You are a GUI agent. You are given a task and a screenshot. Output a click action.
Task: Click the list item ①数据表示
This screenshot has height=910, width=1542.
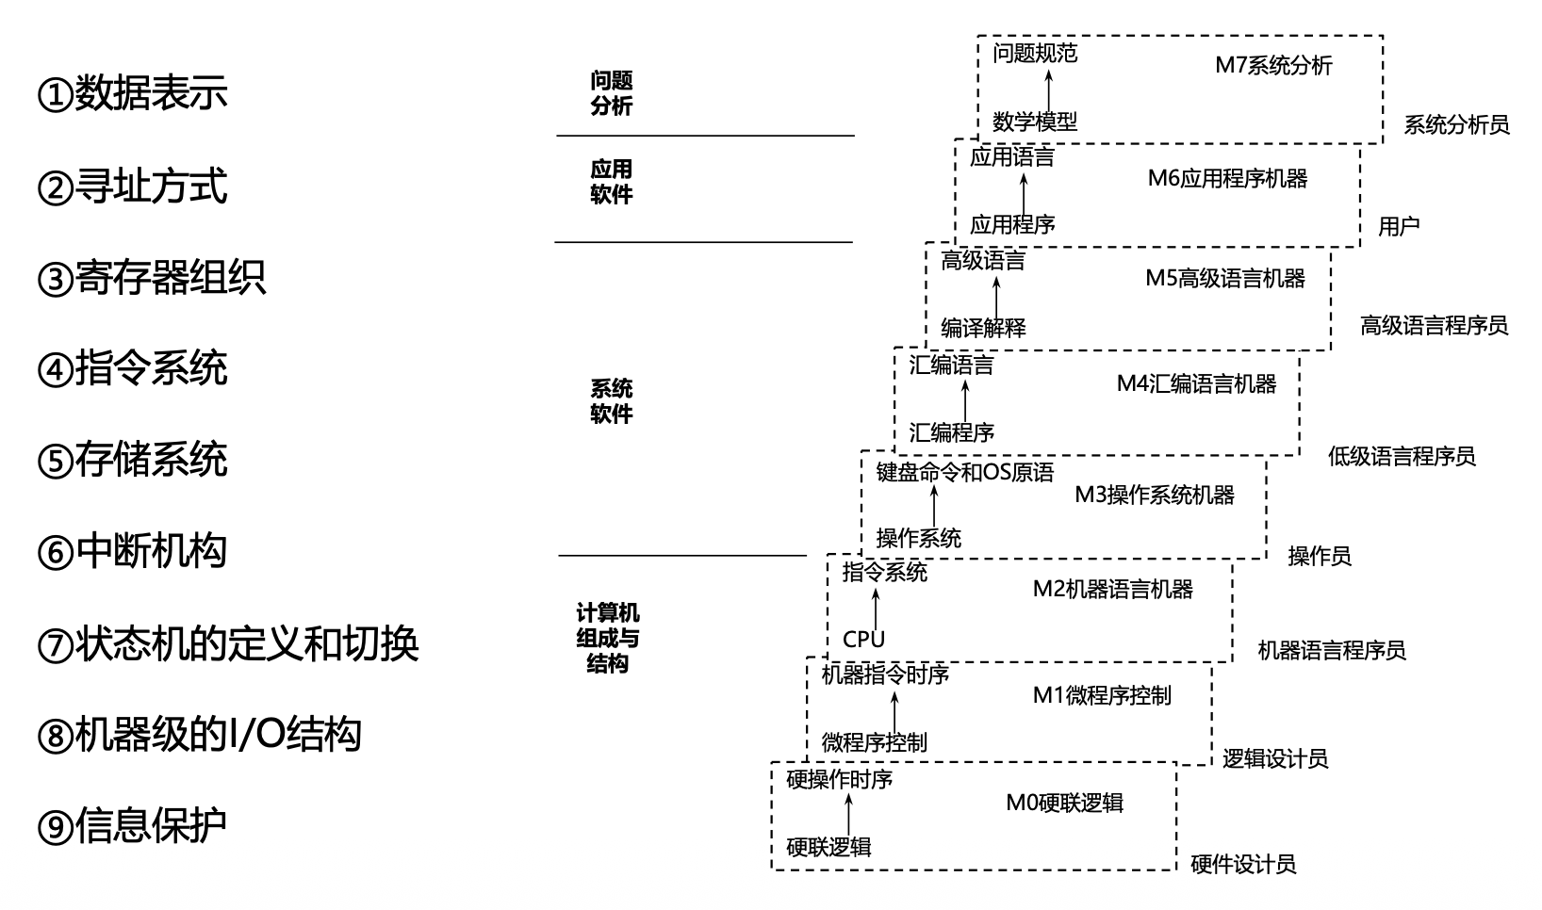pos(132,93)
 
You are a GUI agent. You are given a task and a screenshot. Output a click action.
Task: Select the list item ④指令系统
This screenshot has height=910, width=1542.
pos(132,368)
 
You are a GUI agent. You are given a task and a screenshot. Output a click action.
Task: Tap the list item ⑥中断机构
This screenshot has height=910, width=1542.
pos(132,551)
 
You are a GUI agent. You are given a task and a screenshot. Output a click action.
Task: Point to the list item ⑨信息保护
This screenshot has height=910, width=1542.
pos(132,826)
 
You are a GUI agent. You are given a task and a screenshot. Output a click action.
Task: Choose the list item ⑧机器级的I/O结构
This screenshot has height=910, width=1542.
pos(199,735)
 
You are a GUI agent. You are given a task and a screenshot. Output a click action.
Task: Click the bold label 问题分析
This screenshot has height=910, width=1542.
pos(611,93)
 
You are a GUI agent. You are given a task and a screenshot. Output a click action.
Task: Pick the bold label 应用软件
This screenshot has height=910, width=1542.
pos(611,182)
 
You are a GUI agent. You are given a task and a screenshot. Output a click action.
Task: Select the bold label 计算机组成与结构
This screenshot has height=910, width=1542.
pos(608,638)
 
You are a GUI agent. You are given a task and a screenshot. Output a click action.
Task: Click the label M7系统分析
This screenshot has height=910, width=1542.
pos(1273,65)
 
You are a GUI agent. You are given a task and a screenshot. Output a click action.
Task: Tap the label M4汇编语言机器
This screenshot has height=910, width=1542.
pos(1196,383)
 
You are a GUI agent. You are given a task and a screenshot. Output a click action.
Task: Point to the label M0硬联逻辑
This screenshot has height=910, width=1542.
pos(1064,803)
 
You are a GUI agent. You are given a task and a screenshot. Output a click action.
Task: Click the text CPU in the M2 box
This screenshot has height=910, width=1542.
pos(863,640)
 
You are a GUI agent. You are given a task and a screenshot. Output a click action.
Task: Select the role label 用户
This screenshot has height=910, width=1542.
pos(1399,226)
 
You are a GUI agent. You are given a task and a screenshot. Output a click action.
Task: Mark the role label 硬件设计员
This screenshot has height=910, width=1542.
pos(1243,864)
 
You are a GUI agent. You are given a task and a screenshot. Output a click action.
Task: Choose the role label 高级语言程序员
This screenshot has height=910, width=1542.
pos(1434,326)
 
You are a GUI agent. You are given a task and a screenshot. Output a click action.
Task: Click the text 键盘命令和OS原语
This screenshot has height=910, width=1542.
pos(965,472)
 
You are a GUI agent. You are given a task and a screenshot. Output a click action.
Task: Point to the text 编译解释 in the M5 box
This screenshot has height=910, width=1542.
pos(983,328)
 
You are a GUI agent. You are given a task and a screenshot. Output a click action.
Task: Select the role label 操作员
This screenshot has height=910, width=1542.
pos(1320,556)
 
